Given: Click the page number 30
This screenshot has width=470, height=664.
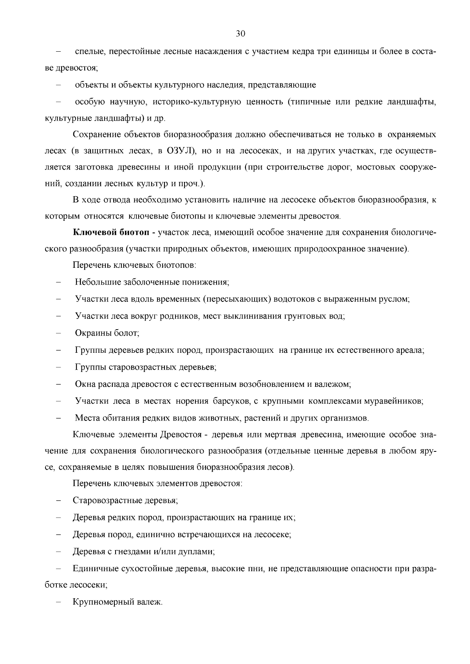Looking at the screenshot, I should pyautogui.click(x=240, y=34).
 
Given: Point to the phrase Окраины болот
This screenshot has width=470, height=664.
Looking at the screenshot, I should pyautogui.click(x=107, y=333).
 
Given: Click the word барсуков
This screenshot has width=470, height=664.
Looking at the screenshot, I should pyautogui.click(x=230, y=401).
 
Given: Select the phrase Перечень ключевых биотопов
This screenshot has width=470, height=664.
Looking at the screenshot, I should pyautogui.click(x=134, y=265).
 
